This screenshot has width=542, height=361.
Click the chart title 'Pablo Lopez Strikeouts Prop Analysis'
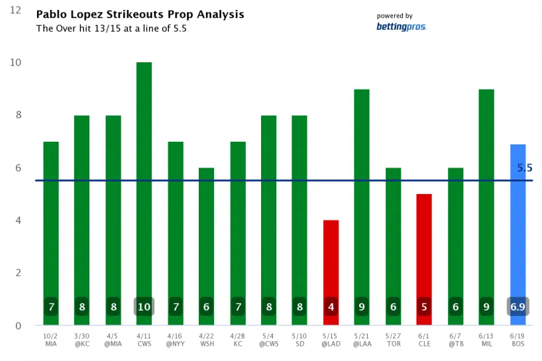139,14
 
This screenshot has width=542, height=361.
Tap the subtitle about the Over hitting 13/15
111,28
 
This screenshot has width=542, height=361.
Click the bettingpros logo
402,26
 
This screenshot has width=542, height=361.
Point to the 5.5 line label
525,168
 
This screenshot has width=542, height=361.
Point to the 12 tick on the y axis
16,11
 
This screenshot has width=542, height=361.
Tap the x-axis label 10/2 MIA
50,340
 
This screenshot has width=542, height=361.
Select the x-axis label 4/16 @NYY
175,340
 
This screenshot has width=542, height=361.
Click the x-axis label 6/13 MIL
486,340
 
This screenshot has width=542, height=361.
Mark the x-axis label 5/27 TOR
393,340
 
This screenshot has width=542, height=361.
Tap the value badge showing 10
144,307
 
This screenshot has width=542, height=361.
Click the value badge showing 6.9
517,307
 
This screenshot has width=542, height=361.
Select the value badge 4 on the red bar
331,307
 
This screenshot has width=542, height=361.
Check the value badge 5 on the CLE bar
424,307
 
